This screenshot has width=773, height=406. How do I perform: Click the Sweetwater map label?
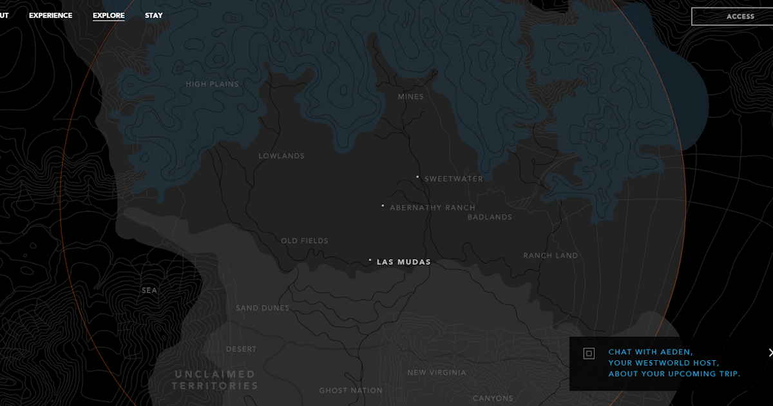click(453, 179)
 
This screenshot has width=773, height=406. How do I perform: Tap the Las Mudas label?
click(403, 262)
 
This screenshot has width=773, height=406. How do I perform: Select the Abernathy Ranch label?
click(432, 208)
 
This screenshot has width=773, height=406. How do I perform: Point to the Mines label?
click(411, 97)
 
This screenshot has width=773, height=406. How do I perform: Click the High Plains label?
click(212, 84)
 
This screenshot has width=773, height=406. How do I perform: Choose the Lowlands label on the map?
click(282, 156)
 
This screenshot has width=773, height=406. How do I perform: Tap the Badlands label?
click(490, 217)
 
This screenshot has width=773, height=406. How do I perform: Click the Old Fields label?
click(304, 241)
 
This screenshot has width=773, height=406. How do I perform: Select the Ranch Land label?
click(550, 256)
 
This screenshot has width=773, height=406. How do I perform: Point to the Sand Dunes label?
click(262, 308)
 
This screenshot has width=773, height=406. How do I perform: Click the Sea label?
click(149, 291)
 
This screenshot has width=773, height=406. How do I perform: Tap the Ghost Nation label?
click(350, 391)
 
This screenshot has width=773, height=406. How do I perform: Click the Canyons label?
click(493, 398)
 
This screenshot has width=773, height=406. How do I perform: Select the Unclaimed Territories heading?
click(215, 380)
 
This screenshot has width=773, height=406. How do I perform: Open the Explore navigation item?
click(108, 15)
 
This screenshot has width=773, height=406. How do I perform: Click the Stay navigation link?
click(153, 15)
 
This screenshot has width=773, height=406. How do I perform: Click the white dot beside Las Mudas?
click(370, 260)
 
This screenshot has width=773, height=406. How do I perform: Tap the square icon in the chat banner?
click(588, 353)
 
